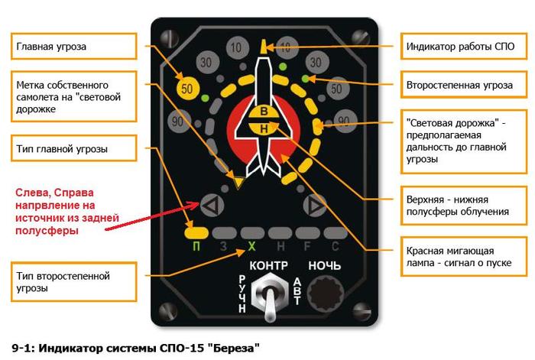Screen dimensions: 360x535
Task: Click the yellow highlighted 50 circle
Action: click(x=187, y=89)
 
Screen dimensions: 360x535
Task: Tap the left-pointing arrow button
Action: click(x=212, y=205)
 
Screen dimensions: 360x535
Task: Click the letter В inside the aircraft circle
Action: click(x=263, y=114)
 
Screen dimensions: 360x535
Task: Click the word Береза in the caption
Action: click(x=229, y=348)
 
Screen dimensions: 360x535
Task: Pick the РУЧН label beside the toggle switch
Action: click(x=242, y=294)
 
